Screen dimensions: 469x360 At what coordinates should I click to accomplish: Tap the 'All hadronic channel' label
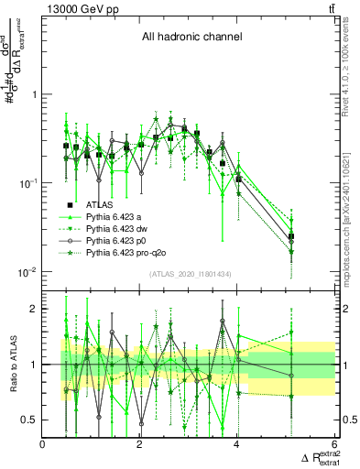[x=191, y=38]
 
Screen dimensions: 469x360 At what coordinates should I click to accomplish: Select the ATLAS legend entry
[x=98, y=204]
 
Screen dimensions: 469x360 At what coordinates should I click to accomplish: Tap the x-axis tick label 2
[x=140, y=445]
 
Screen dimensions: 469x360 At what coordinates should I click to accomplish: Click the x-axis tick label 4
[x=237, y=445]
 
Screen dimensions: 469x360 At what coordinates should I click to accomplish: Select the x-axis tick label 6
[x=334, y=445]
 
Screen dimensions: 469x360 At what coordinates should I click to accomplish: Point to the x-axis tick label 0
[x=43, y=445]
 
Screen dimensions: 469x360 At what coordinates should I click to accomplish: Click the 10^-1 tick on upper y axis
[x=28, y=183]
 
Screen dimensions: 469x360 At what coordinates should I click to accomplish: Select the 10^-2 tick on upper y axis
[x=28, y=272]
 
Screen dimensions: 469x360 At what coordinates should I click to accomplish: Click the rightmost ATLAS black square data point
[x=291, y=236]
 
